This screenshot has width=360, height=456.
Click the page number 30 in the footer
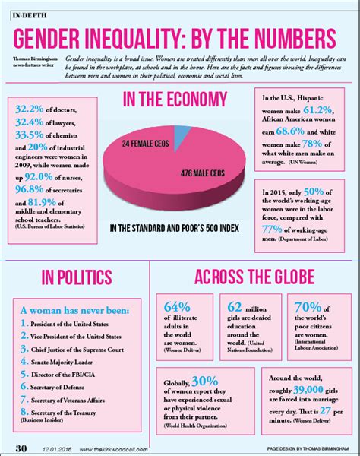(22, 445)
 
